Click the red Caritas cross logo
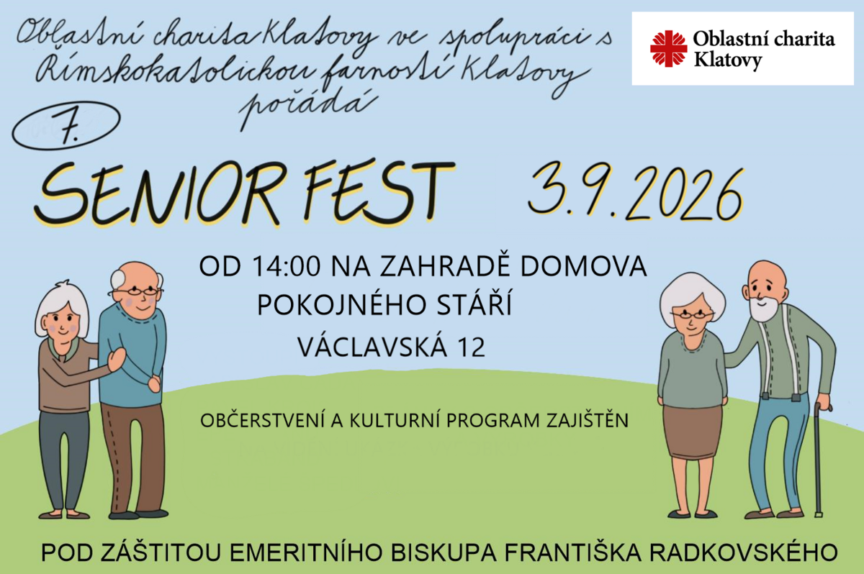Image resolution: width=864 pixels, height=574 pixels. tap(668, 49)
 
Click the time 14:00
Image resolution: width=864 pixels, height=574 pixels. tap(287, 266)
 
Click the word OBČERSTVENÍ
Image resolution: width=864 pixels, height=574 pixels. tap(263, 420)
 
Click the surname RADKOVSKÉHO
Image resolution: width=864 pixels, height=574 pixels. tap(743, 552)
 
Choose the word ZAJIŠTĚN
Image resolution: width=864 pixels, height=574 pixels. tap(588, 420)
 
